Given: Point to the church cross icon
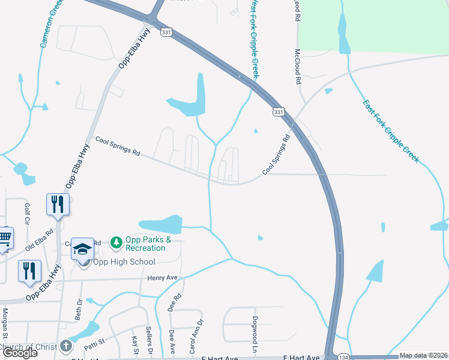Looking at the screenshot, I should tap(66, 346).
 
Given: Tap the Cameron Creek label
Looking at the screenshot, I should tap(51, 24).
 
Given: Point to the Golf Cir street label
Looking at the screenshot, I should tap(27, 214).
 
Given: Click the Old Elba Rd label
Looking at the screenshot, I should tap(40, 239).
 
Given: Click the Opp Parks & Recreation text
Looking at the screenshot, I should tap(145, 244).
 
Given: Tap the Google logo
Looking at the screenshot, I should tap(20, 353).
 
